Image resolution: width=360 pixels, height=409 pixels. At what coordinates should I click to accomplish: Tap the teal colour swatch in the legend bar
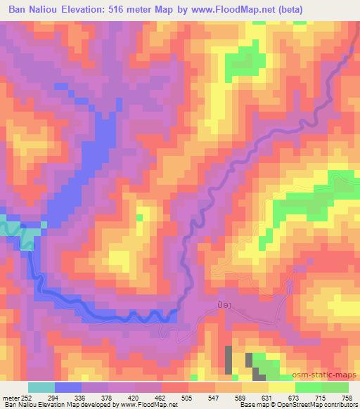(41, 388)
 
